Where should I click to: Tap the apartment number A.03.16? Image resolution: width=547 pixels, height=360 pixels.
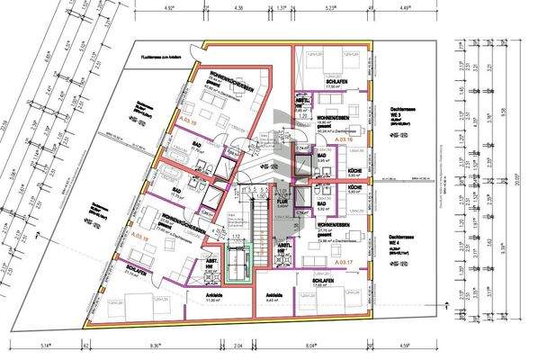343,140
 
